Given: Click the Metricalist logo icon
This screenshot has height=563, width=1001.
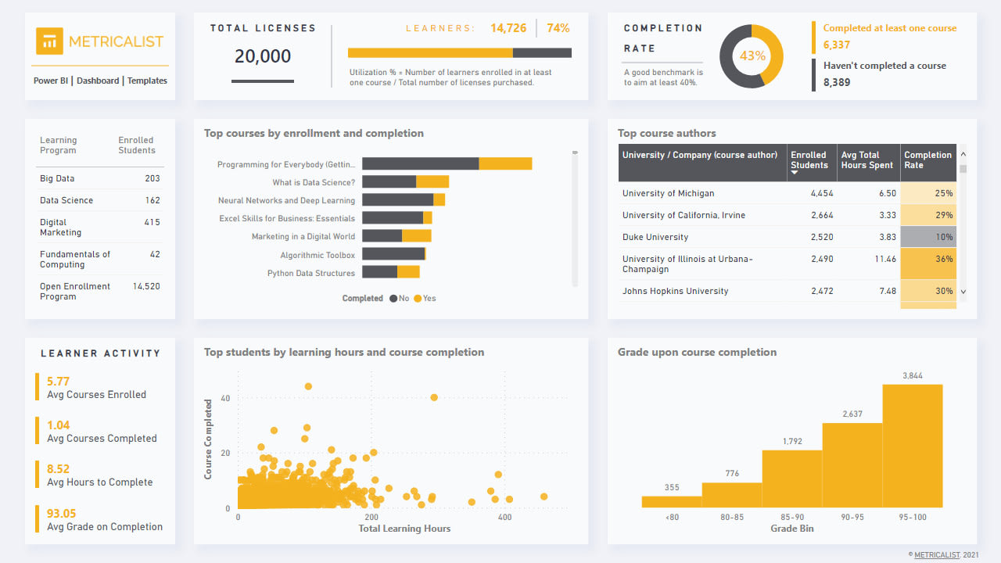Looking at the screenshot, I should tap(49, 41).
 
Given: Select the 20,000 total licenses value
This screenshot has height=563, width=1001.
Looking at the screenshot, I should tap(263, 56).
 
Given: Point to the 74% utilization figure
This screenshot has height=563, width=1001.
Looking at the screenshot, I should tap(558, 28).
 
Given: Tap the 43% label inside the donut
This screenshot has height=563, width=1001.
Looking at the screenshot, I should tap(752, 56).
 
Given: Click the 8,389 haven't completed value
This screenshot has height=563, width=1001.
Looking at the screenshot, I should tap(837, 82).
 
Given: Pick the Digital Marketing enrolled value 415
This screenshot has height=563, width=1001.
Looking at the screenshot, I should tap(152, 223).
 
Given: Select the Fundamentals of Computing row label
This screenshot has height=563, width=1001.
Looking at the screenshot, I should tap(75, 260).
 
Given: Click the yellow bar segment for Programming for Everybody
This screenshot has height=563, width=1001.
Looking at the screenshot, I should tap(505, 163).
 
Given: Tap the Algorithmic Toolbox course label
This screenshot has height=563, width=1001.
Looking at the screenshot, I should tap(318, 255).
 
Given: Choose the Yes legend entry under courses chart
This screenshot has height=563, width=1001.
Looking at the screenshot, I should tap(425, 299).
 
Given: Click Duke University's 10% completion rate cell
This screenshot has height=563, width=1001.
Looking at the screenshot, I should tap(927, 237).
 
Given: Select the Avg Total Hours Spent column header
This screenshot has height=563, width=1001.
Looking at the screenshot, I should tap(867, 160).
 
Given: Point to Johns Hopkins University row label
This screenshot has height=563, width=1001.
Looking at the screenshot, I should tap(675, 291).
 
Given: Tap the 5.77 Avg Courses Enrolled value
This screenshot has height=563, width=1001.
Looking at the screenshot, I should tap(58, 382).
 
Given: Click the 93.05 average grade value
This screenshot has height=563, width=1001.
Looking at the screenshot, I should tap(62, 514).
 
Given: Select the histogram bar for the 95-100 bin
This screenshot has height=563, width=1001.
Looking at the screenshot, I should tap(913, 446).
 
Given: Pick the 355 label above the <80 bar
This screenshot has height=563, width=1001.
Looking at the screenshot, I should tap(672, 488).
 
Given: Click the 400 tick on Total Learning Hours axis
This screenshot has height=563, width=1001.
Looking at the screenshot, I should tap(505, 518).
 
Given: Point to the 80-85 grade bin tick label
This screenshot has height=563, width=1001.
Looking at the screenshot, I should tap(732, 518).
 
